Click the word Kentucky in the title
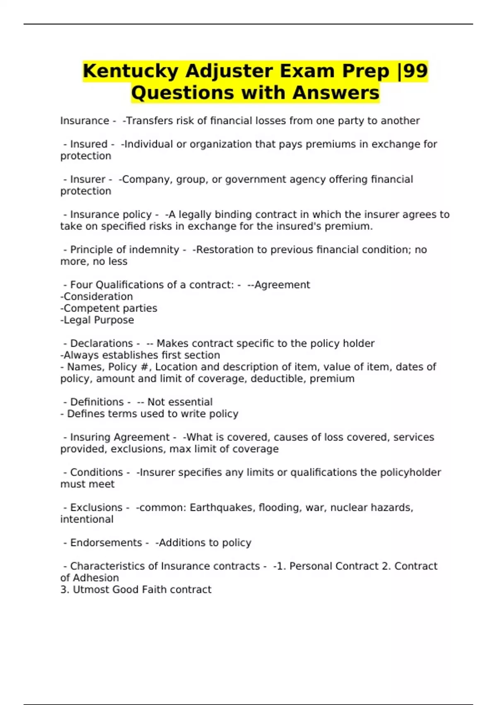(131, 71)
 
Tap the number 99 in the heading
(415, 71)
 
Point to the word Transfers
(149, 121)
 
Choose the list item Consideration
(98, 297)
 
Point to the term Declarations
(101, 343)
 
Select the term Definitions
(97, 402)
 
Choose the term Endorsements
(106, 542)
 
